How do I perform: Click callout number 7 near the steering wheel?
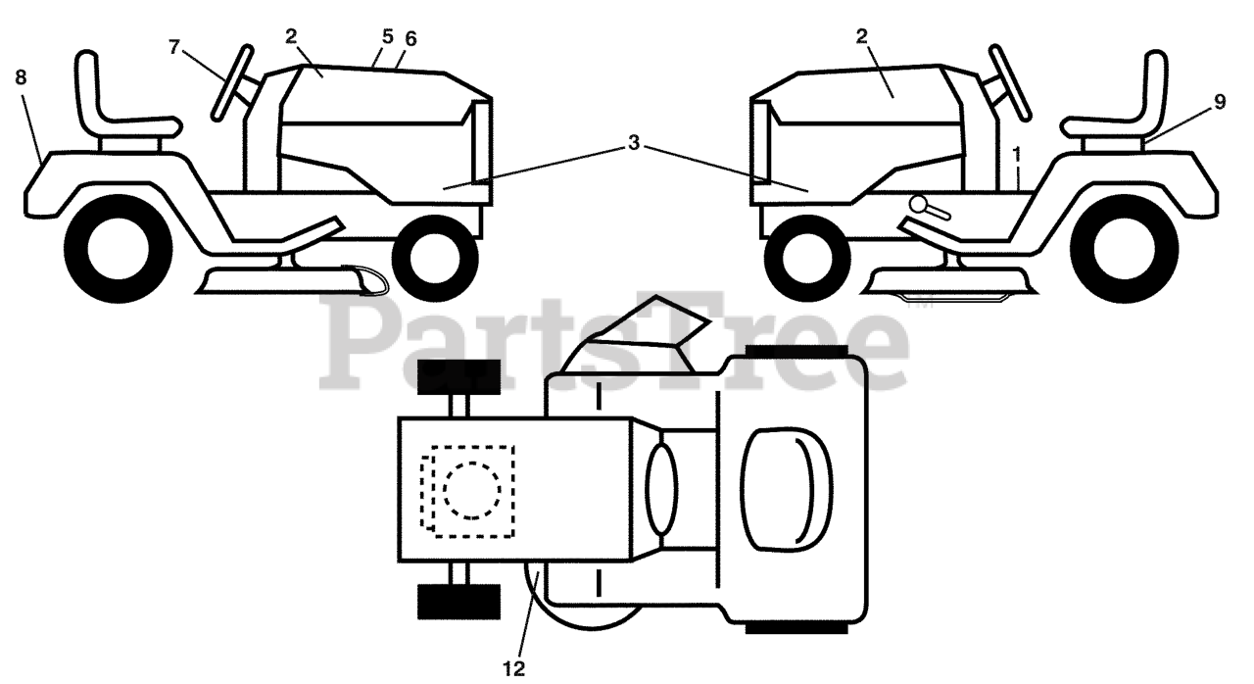175,47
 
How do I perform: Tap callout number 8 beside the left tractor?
22,78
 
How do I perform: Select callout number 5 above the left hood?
388,36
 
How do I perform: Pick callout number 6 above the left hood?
410,38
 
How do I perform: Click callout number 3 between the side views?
634,143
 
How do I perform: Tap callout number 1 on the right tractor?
1017,154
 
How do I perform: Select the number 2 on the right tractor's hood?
861,36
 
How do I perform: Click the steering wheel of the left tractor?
234,82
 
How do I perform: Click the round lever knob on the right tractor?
920,203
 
